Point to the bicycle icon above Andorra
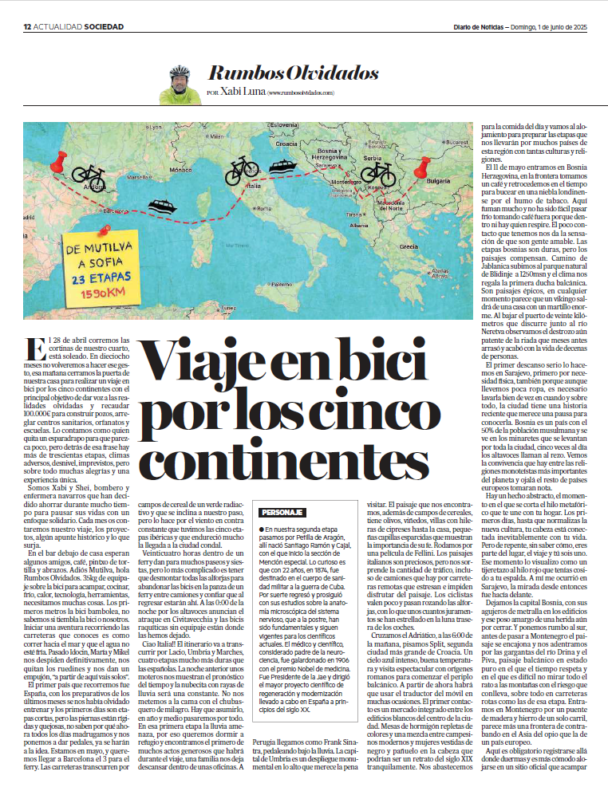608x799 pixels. point(88,172)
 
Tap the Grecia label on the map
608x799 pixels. point(408,246)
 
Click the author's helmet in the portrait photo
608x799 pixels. point(180,71)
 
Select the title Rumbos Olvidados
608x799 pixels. point(292,73)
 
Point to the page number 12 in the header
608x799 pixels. point(26,28)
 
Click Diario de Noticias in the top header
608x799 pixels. point(476,28)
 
